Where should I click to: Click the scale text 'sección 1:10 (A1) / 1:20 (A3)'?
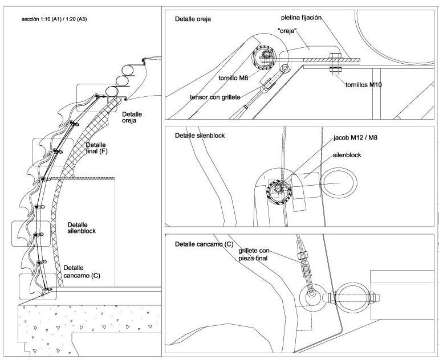tap(54, 19)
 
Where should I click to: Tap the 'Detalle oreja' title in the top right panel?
tap(193, 19)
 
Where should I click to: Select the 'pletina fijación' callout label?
tap(301, 18)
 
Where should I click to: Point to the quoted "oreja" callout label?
tap(287, 31)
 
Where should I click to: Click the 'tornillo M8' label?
tap(233, 78)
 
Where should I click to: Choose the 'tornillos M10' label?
tap(363, 85)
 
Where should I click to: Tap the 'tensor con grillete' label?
tap(215, 97)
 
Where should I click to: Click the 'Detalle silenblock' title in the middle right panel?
tap(200, 136)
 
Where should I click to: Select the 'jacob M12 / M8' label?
tap(355, 138)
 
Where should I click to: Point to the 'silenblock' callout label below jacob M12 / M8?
tap(347, 156)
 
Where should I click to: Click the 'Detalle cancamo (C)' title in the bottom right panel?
tap(204, 244)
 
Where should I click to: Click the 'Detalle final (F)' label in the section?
tap(96, 148)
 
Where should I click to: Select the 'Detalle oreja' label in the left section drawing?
tap(132, 117)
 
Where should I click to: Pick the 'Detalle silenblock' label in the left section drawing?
tap(82, 228)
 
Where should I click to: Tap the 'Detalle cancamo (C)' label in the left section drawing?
tap(82, 272)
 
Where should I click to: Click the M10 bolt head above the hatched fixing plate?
tap(335, 55)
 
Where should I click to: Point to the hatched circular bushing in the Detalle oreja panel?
tap(264, 58)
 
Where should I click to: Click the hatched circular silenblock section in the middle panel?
tap(279, 192)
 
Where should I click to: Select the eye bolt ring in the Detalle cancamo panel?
tap(311, 297)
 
